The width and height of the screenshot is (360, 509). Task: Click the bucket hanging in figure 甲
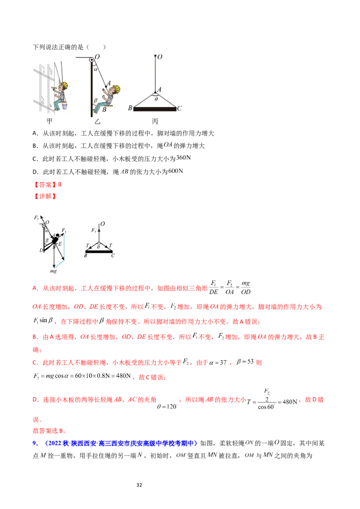(65, 106)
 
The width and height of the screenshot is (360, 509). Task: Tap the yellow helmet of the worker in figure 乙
(116, 88)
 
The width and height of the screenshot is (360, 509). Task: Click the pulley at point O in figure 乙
(92, 59)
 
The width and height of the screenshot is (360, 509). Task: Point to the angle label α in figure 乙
(95, 69)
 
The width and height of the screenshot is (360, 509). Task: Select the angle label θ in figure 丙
(156, 99)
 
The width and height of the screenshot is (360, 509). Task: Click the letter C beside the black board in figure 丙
(180, 108)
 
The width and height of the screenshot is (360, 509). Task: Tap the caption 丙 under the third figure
(155, 121)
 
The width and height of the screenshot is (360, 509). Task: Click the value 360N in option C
(184, 158)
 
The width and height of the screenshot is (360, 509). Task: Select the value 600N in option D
(176, 171)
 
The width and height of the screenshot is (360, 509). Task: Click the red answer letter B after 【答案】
(60, 184)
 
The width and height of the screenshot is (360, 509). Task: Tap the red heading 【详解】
(45, 196)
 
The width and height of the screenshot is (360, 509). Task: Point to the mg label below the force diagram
(53, 271)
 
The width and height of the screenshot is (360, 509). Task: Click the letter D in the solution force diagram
(41, 250)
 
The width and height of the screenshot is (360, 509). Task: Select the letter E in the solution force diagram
(60, 244)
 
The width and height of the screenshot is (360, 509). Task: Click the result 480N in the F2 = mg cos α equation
(123, 376)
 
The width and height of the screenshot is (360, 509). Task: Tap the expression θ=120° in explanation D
(167, 406)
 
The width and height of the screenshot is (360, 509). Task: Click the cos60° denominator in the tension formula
(266, 407)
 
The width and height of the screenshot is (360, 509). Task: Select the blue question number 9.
(35, 443)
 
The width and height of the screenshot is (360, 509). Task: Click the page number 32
(139, 485)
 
